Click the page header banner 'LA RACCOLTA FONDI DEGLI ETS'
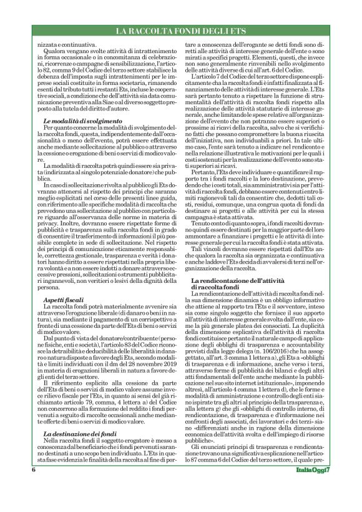(x=180, y=31)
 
